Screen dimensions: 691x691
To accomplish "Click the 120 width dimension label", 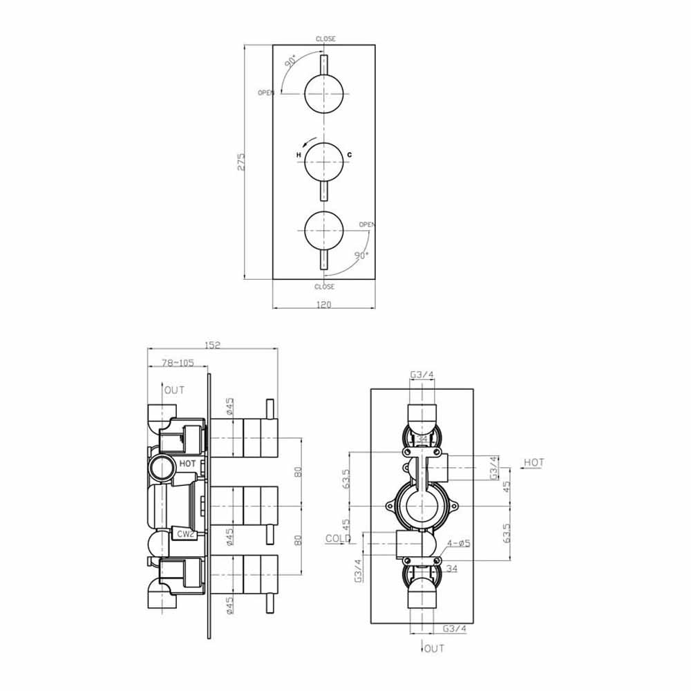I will [x=324, y=304].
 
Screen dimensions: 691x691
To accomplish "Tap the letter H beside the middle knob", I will [x=299, y=155].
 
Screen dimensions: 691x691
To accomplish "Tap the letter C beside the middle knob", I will [x=350, y=155].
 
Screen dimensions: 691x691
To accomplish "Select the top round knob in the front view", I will [x=324, y=93].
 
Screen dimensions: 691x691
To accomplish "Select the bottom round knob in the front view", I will [x=324, y=227].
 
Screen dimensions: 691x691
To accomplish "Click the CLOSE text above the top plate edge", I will [x=325, y=39].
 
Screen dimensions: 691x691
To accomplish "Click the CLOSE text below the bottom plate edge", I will [x=324, y=287].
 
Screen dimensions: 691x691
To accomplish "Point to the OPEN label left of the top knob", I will [x=266, y=93].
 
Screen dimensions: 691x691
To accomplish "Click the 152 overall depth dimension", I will [x=212, y=345].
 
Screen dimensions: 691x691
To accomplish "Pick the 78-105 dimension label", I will [x=177, y=363].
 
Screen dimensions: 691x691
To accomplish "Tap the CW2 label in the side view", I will [x=184, y=533].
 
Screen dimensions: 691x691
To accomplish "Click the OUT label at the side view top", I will [x=174, y=390].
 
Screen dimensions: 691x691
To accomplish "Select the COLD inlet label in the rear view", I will [x=338, y=538].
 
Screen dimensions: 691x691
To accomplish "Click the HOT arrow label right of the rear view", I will [x=533, y=462].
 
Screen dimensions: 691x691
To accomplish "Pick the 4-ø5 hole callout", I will [x=458, y=543].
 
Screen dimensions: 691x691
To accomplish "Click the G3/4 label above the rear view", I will [x=422, y=375].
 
